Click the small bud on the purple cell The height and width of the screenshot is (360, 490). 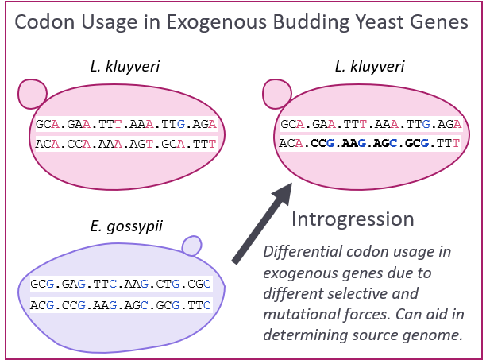tap(191, 246)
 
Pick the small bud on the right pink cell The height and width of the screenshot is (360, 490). tap(277, 94)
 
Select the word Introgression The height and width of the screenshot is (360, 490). tap(353, 219)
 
